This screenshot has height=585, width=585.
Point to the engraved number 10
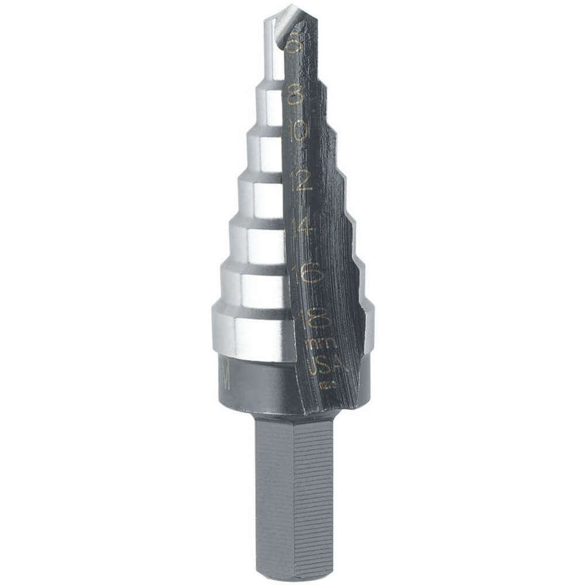(x=300, y=131)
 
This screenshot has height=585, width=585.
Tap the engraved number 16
(x=309, y=273)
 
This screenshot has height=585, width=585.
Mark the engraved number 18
(x=315, y=319)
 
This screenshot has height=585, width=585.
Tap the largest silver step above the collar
(x=252, y=333)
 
